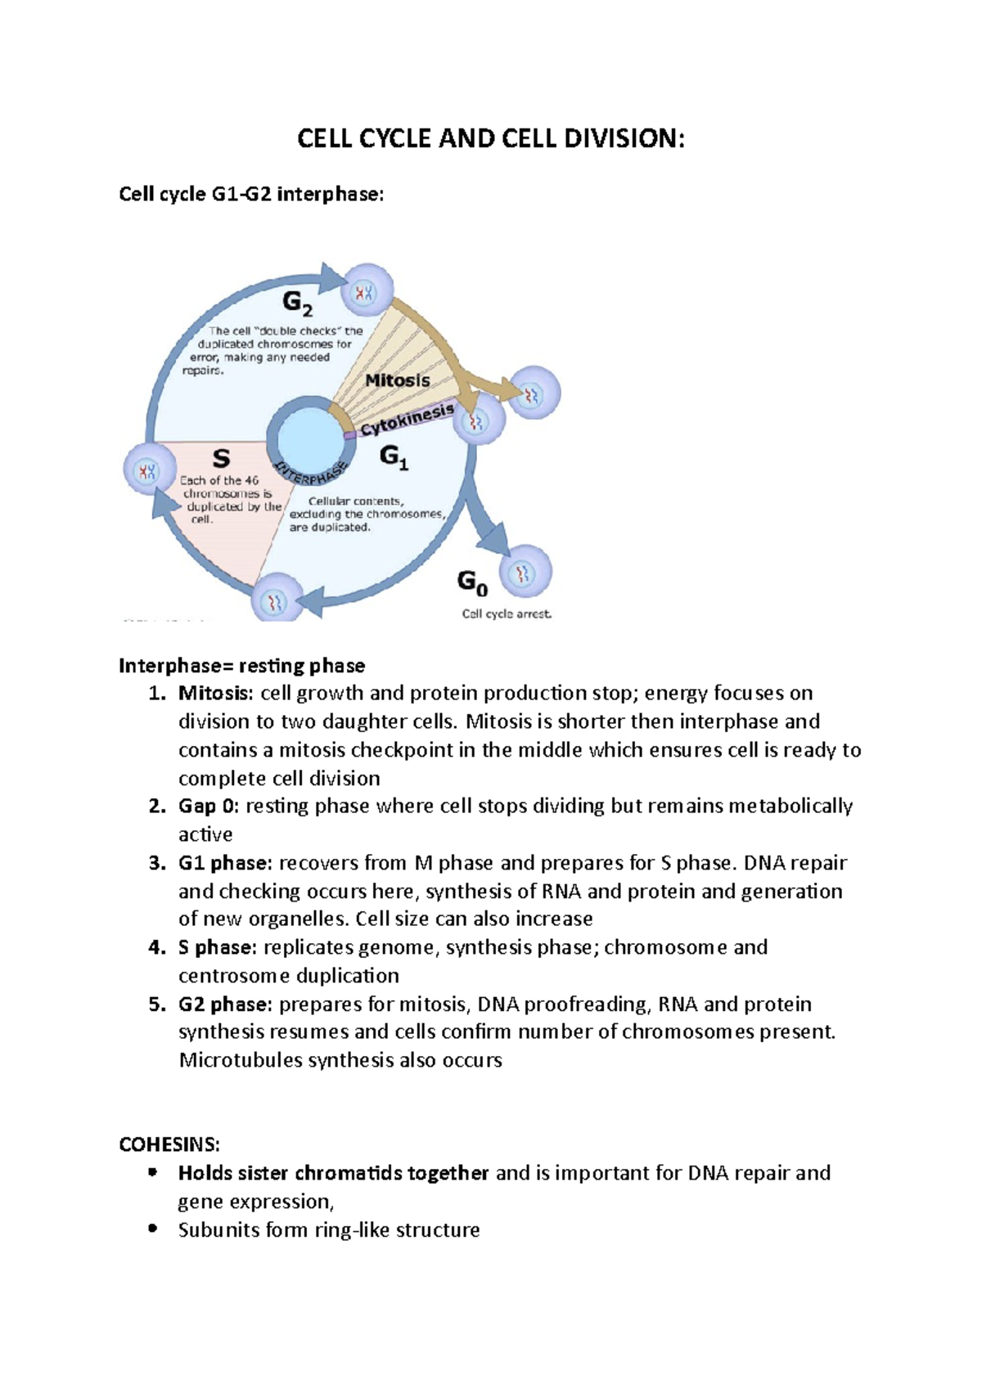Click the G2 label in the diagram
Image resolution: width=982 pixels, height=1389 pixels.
point(297,303)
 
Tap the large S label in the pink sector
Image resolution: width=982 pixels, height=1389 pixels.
point(221,458)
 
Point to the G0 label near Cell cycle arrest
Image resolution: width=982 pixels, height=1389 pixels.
point(472,582)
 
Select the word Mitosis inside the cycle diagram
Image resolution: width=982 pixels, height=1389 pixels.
point(397,380)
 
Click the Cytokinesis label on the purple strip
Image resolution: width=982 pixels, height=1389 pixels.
point(408,420)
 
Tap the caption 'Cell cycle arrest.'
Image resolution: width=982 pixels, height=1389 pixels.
point(507,614)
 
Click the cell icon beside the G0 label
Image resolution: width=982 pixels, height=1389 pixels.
point(525,572)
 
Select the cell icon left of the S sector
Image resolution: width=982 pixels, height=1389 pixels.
point(149,470)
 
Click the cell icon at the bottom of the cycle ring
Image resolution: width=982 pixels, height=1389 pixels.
point(276,602)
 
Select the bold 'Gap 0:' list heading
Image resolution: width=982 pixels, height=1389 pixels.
point(209,806)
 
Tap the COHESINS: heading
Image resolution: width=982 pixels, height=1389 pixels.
point(169,1144)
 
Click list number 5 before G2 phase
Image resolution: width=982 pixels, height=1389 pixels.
point(157,1004)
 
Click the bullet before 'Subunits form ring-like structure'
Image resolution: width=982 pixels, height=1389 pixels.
point(152,1229)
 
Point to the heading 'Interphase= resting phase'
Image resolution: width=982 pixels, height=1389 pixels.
point(241,665)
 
